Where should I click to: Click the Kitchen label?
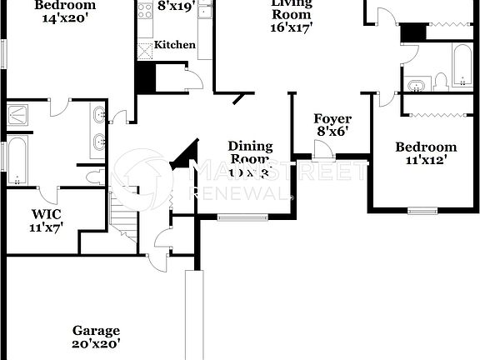[176, 44]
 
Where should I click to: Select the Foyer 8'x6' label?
[332, 125]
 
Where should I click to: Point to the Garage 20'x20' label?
[95, 336]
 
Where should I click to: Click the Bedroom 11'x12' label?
[426, 154]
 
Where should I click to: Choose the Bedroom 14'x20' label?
[63, 11]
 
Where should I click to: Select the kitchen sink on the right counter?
[206, 11]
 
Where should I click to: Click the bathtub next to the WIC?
[17, 161]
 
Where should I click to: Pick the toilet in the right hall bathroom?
[441, 82]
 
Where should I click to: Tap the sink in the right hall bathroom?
[417, 82]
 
